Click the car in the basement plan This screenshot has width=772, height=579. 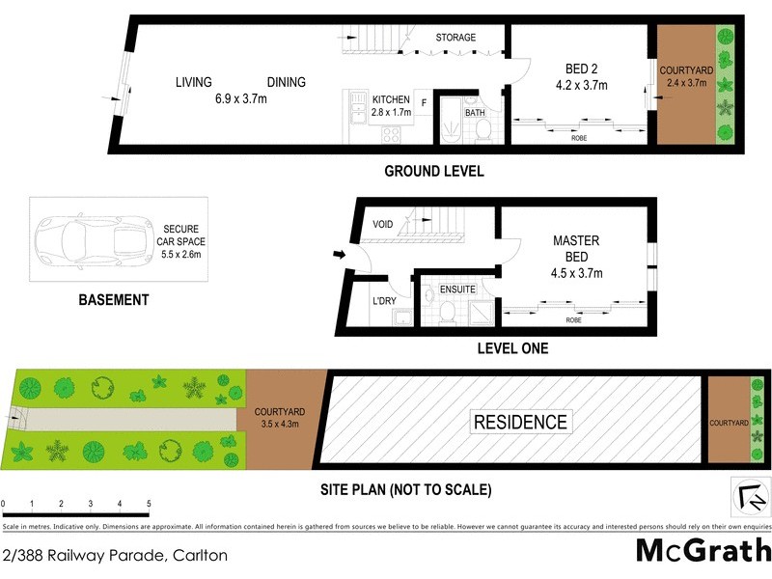(84, 238)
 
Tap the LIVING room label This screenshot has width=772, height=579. (193, 82)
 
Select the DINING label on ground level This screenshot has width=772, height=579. (287, 82)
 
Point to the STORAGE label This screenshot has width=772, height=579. (455, 38)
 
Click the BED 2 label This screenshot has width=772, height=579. (582, 69)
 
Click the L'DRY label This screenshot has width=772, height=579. (383, 301)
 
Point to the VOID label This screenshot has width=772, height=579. (383, 225)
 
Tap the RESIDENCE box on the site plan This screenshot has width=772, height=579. (520, 422)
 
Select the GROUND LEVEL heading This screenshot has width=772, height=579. (433, 172)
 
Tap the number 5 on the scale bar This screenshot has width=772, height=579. (149, 504)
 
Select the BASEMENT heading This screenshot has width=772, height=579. (113, 300)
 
